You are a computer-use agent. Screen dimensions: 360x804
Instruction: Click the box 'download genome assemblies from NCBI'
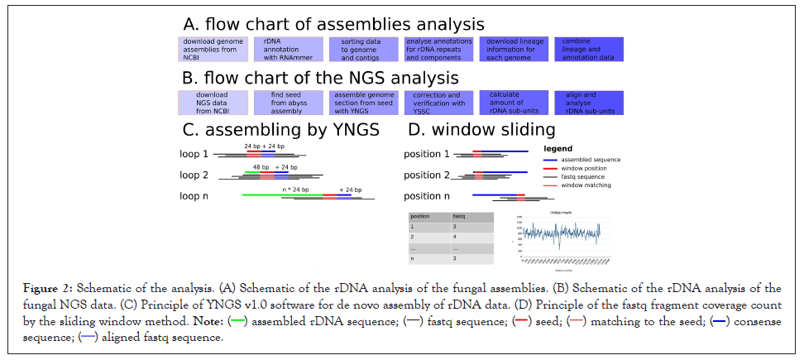pos(213,49)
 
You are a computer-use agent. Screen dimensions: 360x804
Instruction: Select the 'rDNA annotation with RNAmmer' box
pos(288,49)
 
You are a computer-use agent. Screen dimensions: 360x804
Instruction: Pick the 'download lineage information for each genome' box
pos(512,49)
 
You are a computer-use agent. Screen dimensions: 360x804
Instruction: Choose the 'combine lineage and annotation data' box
pos(588,49)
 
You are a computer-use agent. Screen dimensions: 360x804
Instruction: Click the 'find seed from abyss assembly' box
pos(288,102)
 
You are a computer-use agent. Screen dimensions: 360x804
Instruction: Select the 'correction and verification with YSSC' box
pos(438,102)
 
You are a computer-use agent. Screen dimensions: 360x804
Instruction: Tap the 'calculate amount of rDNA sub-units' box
pos(512,102)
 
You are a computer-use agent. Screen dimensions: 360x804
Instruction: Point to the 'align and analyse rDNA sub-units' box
pos(588,102)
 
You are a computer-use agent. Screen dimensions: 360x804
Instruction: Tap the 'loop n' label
pos(194,196)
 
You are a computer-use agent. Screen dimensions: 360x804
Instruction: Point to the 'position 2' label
pos(426,175)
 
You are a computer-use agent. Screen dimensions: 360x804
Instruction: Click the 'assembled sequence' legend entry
pos(591,160)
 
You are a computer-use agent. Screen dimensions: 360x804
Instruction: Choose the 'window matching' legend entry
pos(586,185)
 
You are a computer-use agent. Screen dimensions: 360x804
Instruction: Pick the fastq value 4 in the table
pos(455,237)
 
